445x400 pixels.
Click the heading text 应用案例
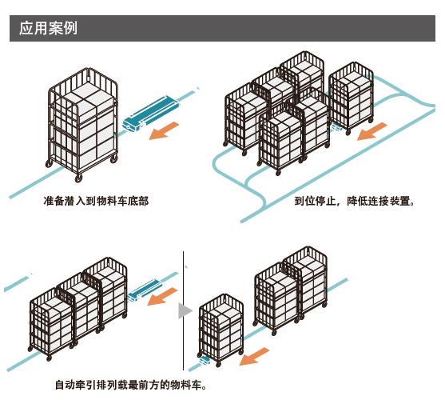48,28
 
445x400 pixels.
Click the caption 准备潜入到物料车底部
96,201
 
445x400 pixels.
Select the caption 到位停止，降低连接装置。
355,201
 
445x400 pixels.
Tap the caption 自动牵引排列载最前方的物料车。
131,385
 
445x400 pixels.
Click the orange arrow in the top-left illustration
164,130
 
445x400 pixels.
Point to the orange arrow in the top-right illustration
371,131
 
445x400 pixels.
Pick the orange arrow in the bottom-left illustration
162,297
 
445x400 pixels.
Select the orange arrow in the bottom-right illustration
254,356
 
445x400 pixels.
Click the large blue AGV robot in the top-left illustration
151,114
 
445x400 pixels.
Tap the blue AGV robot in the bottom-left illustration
145,290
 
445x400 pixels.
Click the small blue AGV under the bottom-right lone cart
205,361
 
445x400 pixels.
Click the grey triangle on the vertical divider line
185,311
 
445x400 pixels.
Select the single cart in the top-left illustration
82,125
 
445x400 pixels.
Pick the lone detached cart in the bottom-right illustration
221,330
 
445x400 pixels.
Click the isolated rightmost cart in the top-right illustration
351,98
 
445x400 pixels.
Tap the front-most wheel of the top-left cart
78,178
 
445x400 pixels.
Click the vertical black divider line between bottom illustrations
183,310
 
